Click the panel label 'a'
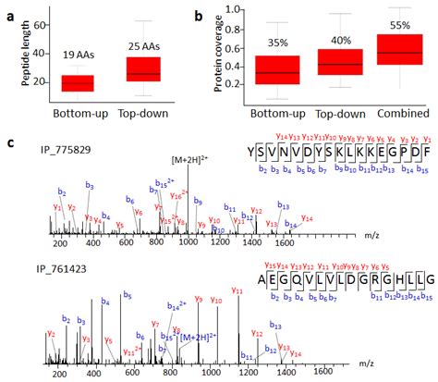[10, 14]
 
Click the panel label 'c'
[10, 145]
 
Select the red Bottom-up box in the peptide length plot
[78, 83]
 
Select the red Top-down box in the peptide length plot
[143, 69]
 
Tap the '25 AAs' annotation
[145, 41]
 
